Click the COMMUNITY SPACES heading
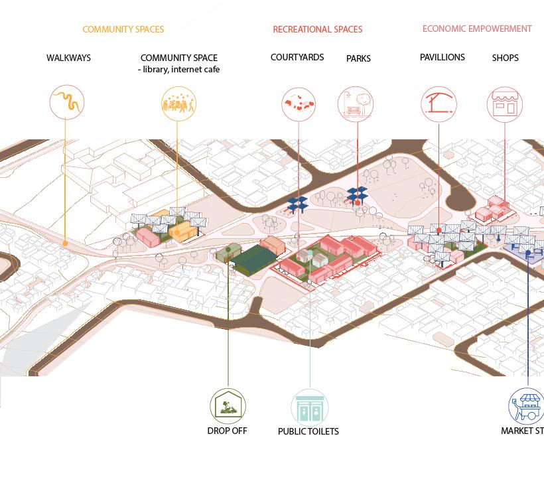(x=123, y=29)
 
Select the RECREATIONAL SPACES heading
(x=317, y=29)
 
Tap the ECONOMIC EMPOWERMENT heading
(x=477, y=29)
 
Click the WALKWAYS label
(x=68, y=58)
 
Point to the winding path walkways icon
(x=67, y=103)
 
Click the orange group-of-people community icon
(x=178, y=104)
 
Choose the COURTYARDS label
(x=297, y=57)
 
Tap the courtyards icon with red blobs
(x=299, y=104)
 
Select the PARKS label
(x=358, y=58)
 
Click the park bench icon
(x=356, y=104)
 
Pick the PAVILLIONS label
(x=442, y=57)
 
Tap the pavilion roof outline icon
(x=439, y=104)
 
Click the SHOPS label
(x=505, y=58)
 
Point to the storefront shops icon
(x=505, y=104)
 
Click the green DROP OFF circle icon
(x=228, y=405)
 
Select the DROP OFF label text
(x=227, y=431)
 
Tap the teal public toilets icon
(x=309, y=407)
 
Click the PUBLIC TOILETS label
(x=308, y=431)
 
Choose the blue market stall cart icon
(x=527, y=405)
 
